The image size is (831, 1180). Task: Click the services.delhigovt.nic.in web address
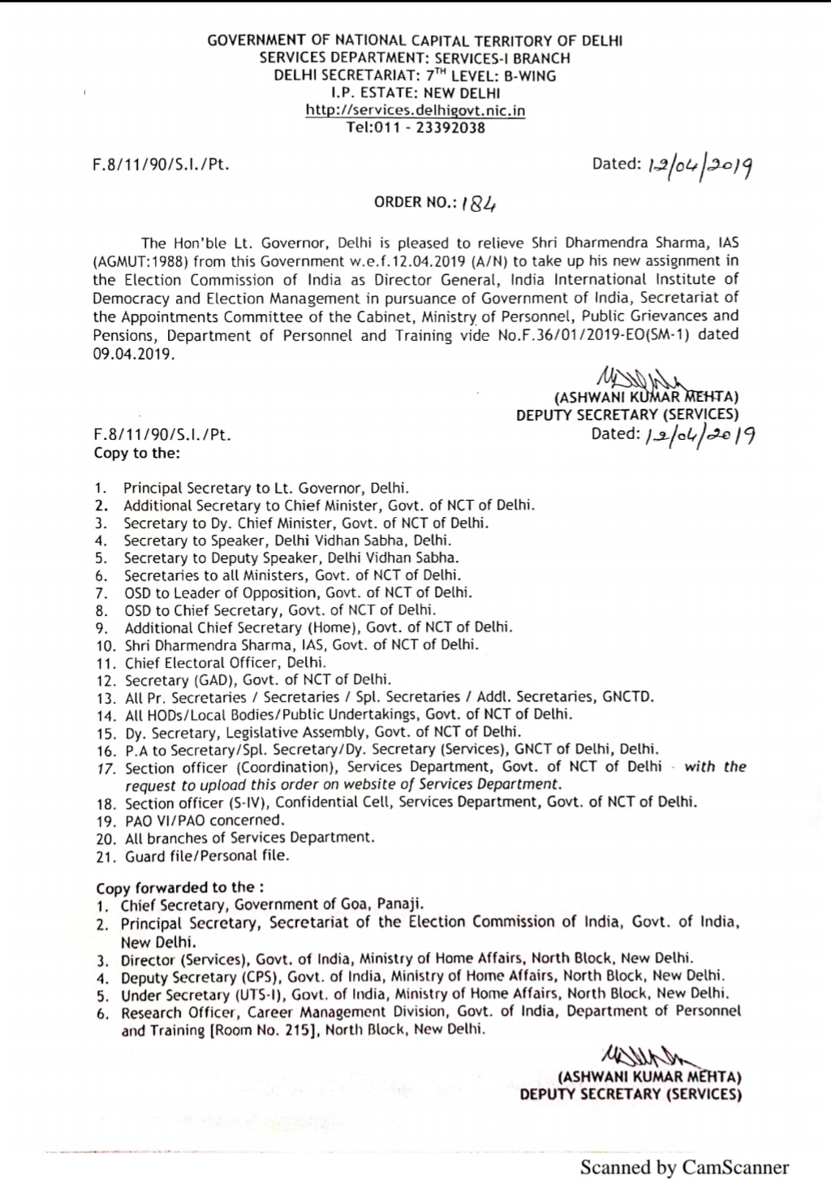click(x=415, y=110)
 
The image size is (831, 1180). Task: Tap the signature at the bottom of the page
click(x=642, y=1058)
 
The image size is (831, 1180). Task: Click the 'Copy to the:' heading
click(x=137, y=453)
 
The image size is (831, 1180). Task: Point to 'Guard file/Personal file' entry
click(x=207, y=855)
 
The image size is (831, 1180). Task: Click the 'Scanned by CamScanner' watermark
click(x=684, y=1167)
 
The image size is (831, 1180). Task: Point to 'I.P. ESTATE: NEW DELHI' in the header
click(x=415, y=93)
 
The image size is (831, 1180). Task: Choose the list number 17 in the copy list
click(x=106, y=768)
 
